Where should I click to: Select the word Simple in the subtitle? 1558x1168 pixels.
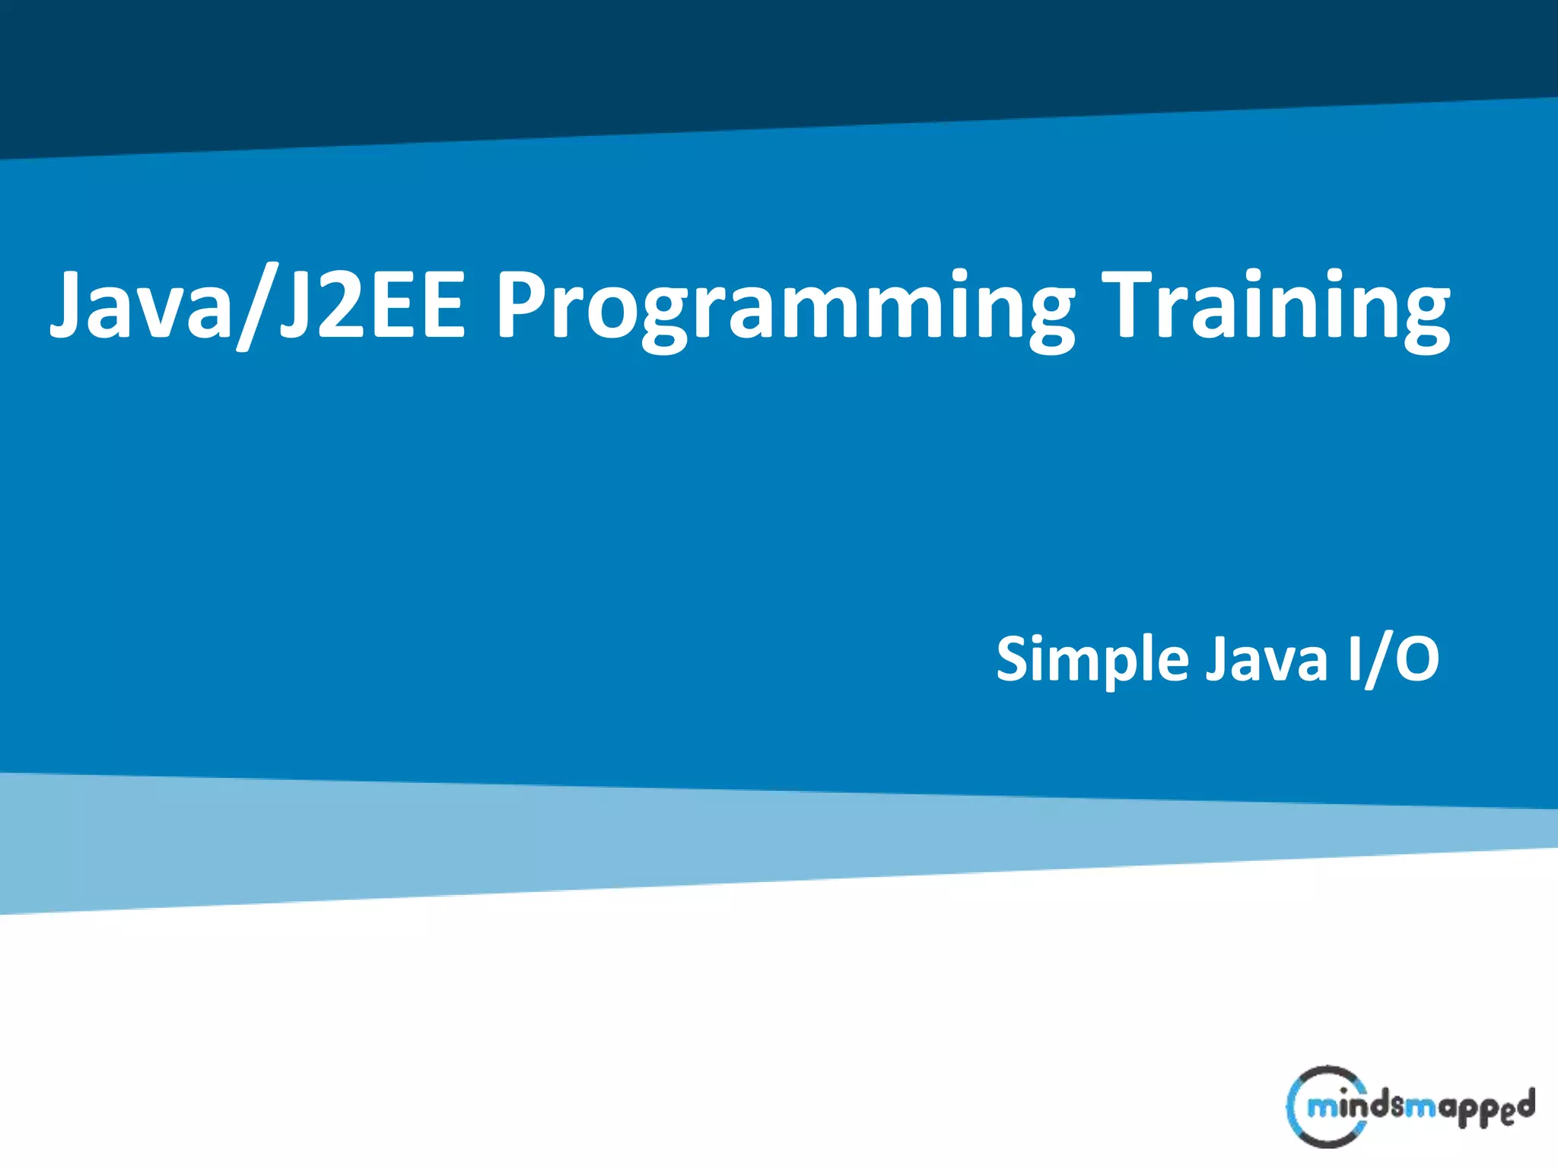[1092, 660]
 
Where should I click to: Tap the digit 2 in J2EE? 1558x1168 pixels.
[339, 304]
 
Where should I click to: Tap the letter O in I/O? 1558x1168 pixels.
[1417, 659]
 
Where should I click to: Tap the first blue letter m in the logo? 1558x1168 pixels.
[1322, 1108]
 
